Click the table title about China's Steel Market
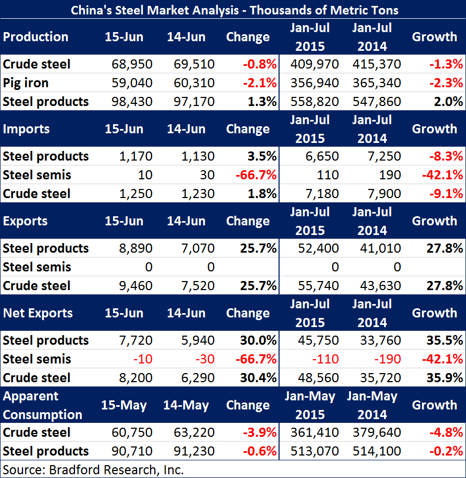[x=233, y=9]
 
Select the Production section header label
[x=36, y=37]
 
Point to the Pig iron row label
[x=26, y=83]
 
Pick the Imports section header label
[x=26, y=129]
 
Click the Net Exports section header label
[x=37, y=313]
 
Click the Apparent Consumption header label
[x=43, y=406]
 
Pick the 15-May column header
[x=124, y=405]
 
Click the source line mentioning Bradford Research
[x=94, y=470]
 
